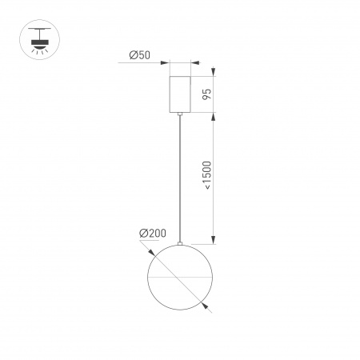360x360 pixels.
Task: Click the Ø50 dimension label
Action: point(141,57)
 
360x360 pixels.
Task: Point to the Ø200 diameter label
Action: point(152,233)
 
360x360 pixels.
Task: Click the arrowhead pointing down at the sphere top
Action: point(214,241)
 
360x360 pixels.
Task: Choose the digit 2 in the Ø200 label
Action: point(150,233)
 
